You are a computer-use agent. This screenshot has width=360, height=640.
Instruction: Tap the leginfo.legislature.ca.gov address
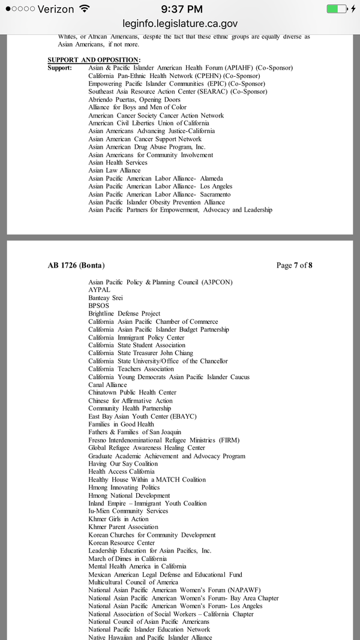(x=180, y=23)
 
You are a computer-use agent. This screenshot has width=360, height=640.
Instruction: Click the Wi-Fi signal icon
(x=84, y=9)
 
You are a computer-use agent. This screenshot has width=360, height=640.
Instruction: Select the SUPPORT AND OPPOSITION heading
(x=94, y=60)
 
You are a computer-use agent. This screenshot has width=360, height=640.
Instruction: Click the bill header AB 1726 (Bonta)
(x=79, y=265)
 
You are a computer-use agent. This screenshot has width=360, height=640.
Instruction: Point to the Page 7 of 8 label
(x=294, y=265)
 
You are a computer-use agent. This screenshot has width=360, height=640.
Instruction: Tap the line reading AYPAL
(x=99, y=290)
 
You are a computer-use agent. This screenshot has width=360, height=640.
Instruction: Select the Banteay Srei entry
(x=106, y=298)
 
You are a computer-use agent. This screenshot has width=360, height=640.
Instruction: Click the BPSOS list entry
(x=99, y=305)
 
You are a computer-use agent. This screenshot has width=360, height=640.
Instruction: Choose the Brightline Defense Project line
(x=124, y=314)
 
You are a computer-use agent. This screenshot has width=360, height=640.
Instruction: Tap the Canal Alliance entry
(x=107, y=384)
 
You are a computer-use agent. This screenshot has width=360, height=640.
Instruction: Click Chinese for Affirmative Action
(x=130, y=401)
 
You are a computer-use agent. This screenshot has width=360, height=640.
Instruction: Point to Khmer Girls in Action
(x=118, y=519)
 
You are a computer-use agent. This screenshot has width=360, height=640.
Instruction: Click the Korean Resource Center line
(x=121, y=543)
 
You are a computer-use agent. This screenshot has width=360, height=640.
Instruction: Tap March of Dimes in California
(x=127, y=558)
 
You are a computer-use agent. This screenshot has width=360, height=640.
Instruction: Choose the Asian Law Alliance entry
(x=114, y=170)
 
